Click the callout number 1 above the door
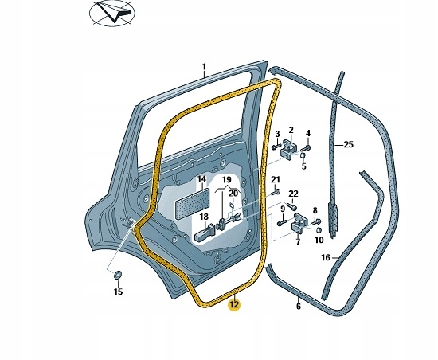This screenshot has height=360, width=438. click(203, 67)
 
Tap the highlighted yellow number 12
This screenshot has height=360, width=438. click(234, 303)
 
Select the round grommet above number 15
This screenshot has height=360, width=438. click(118, 276)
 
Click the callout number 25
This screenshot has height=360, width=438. click(348, 145)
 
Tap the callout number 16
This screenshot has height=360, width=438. click(325, 257)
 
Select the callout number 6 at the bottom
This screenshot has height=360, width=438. click(298, 306)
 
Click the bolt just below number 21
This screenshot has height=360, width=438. click(274, 192)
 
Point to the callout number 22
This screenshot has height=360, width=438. click(293, 194)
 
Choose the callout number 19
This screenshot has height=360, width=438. click(226, 180)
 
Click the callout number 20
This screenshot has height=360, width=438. click(233, 193)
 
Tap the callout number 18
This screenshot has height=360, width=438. click(204, 217)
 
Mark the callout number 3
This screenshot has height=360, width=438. click(277, 134)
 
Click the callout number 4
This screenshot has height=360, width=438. click(308, 132)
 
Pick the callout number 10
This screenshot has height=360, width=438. click(319, 240)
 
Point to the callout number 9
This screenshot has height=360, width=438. click(282, 209)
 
